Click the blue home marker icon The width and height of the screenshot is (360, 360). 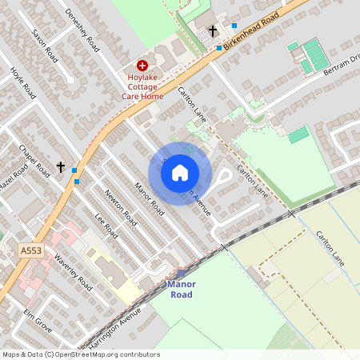point(180,173)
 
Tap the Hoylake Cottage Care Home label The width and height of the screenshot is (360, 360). point(142,86)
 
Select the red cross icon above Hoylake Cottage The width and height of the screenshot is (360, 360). point(142,64)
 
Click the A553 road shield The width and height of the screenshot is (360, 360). point(30,250)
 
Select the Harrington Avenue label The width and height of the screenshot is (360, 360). point(107,330)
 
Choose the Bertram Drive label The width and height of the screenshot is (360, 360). point(340,63)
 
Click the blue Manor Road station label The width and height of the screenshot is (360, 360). point(181,289)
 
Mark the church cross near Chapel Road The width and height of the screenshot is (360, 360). point(61,166)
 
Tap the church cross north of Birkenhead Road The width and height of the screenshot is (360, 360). point(213,30)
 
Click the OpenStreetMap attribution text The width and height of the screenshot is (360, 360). point(80,354)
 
